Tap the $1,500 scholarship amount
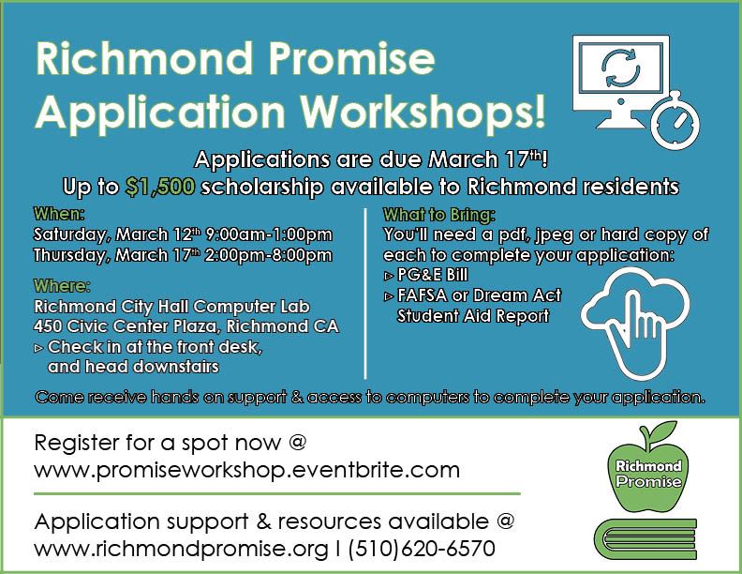pyautogui.click(x=160, y=186)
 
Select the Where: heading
pyautogui.click(x=62, y=285)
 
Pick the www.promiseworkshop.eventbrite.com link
pyautogui.click(x=246, y=469)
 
